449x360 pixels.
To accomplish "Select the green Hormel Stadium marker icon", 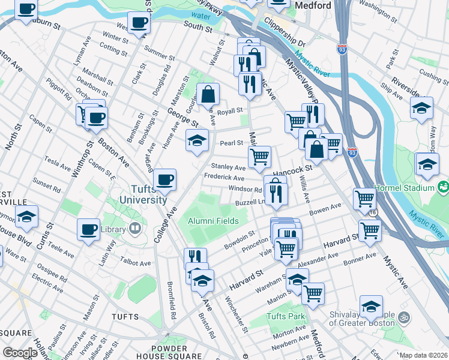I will click(x=444, y=187).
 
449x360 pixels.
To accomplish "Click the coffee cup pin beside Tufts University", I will click(x=164, y=179).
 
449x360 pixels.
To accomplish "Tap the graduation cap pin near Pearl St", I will click(x=196, y=140).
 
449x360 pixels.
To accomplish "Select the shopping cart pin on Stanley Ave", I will click(x=259, y=157).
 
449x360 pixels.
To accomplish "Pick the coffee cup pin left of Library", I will click(x=89, y=229).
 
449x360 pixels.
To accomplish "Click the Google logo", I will click(x=20, y=353).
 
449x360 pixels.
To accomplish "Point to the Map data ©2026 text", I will click(x=423, y=355).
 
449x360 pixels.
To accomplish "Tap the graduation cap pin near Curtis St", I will click(x=26, y=216).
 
